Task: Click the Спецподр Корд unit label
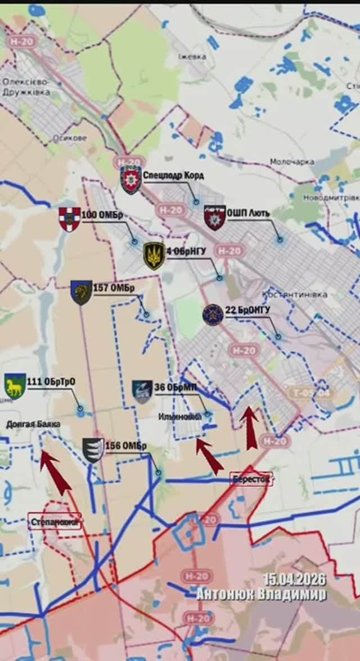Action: (173, 176)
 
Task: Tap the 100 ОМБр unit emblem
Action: (69, 219)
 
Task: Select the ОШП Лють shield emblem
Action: (214, 217)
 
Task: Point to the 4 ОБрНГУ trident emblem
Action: (154, 256)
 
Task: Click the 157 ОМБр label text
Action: (114, 289)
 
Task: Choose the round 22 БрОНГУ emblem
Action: (213, 314)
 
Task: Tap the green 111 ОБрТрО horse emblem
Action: (15, 386)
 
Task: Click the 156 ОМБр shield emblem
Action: (93, 450)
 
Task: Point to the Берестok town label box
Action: (251, 479)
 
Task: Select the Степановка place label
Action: (54, 522)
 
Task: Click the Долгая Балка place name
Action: (33, 424)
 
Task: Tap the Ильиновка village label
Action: (181, 417)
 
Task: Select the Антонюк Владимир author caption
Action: (261, 594)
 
